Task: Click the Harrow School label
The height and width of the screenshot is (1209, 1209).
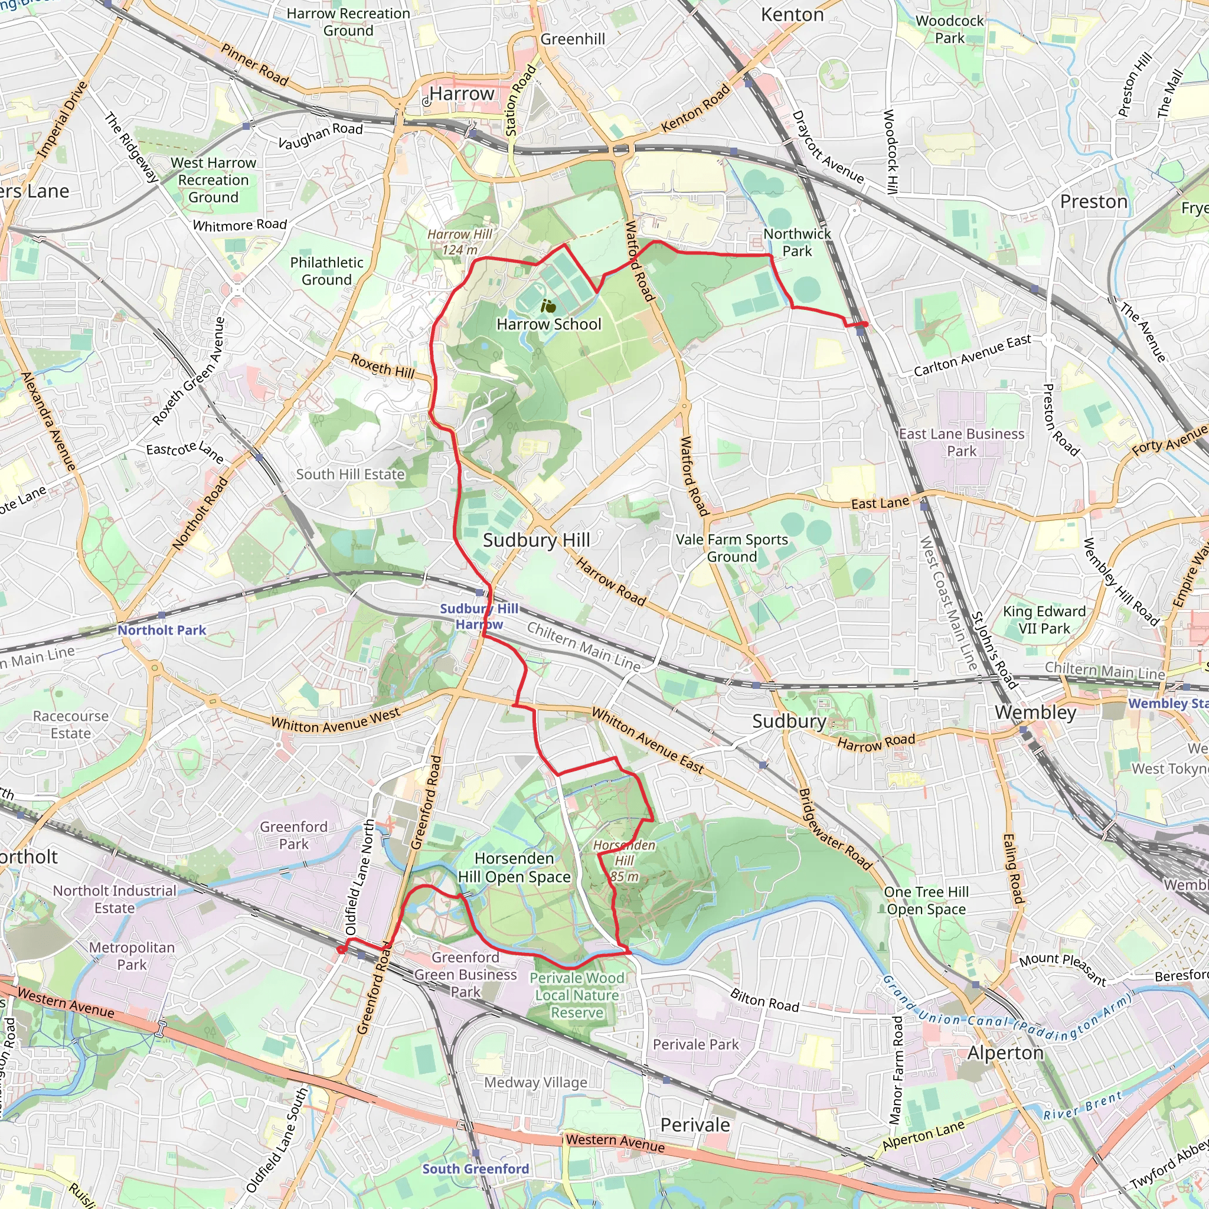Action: [549, 324]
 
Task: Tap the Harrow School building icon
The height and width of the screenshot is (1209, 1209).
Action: [548, 306]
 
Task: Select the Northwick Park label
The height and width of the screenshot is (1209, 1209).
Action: [796, 242]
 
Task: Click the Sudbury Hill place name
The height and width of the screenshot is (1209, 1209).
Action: [536, 540]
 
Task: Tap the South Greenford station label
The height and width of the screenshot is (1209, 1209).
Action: [476, 1168]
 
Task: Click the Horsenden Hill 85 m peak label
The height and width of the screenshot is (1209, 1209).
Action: [624, 861]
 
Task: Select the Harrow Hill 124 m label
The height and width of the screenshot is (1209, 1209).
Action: [460, 241]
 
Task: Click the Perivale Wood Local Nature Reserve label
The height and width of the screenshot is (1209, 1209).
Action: [577, 995]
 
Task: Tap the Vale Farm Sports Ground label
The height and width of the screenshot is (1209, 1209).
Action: [731, 548]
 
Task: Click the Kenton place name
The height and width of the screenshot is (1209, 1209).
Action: [792, 14]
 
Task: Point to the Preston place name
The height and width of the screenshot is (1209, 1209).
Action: [1093, 201]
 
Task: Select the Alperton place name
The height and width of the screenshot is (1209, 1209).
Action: [1005, 1053]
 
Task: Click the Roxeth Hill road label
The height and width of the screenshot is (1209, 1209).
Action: [383, 365]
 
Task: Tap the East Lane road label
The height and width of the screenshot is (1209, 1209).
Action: [880, 503]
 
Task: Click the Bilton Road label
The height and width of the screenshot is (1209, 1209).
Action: [764, 1001]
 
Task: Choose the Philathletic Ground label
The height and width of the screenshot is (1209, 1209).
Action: [326, 271]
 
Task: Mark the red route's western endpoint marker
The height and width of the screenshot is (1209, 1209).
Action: [342, 950]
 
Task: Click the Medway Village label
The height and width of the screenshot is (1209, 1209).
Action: [535, 1082]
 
